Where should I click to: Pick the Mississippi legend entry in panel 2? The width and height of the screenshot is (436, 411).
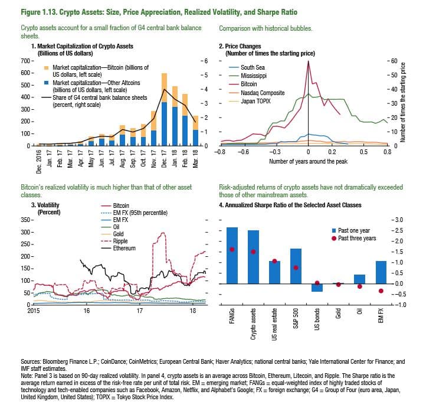coord(253,76)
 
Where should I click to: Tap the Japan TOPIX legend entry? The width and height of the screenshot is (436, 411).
coord(256,102)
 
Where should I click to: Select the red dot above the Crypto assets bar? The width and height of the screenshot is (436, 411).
coord(253,252)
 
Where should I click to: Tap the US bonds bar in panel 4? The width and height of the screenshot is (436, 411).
coord(317,288)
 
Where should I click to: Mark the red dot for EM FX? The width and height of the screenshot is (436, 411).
coord(381,291)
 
